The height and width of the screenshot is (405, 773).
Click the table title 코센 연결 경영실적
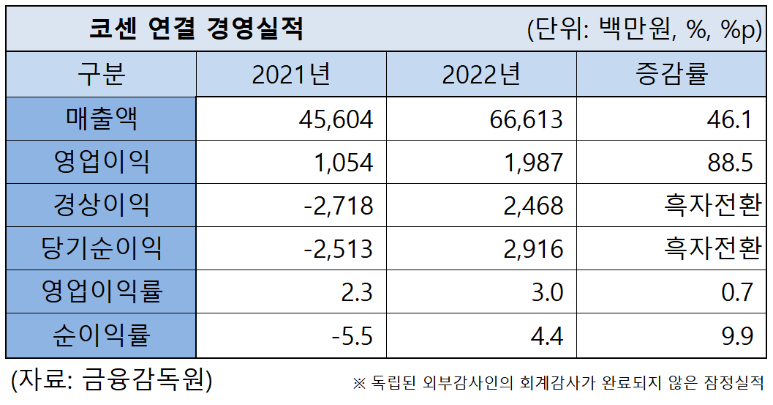(x=195, y=29)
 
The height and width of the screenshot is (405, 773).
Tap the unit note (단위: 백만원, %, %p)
(x=644, y=29)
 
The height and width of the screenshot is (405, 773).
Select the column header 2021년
(x=291, y=75)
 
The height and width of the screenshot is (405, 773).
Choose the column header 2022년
(x=481, y=75)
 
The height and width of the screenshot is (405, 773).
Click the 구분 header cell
(x=102, y=75)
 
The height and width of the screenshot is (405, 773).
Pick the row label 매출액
(x=102, y=119)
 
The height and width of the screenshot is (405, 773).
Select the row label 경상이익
(x=102, y=205)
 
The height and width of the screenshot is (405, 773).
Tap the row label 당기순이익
(x=102, y=249)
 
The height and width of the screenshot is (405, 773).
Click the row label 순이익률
(x=102, y=336)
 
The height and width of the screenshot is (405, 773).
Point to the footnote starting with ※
(x=558, y=383)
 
